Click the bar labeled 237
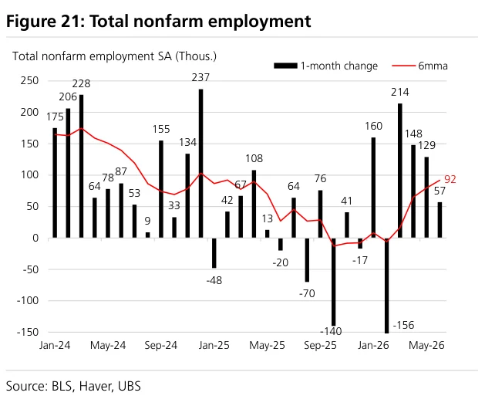[200, 163]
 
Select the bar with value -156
[386, 286]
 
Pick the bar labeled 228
[82, 166]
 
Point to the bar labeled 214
[400, 171]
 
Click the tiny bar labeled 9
[147, 235]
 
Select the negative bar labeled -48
[214, 252]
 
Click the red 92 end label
[450, 179]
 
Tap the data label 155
[161, 129]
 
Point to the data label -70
[307, 293]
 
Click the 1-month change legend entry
[325, 66]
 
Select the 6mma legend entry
[419, 66]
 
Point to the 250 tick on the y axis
[30, 80]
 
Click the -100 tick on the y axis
[28, 300]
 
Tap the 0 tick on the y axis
[35, 238]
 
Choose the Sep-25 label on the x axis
[320, 345]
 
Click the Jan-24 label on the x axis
[55, 345]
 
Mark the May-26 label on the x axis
[426, 345]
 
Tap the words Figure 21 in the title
[43, 22]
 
